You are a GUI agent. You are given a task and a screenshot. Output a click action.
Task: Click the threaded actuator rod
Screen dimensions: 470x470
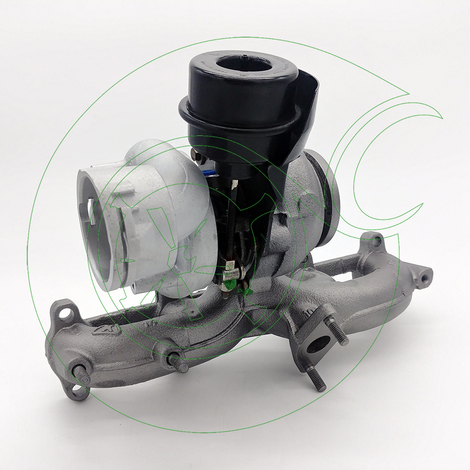(232, 226)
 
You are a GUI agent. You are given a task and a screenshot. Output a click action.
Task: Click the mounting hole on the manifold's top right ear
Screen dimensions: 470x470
(375, 242)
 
